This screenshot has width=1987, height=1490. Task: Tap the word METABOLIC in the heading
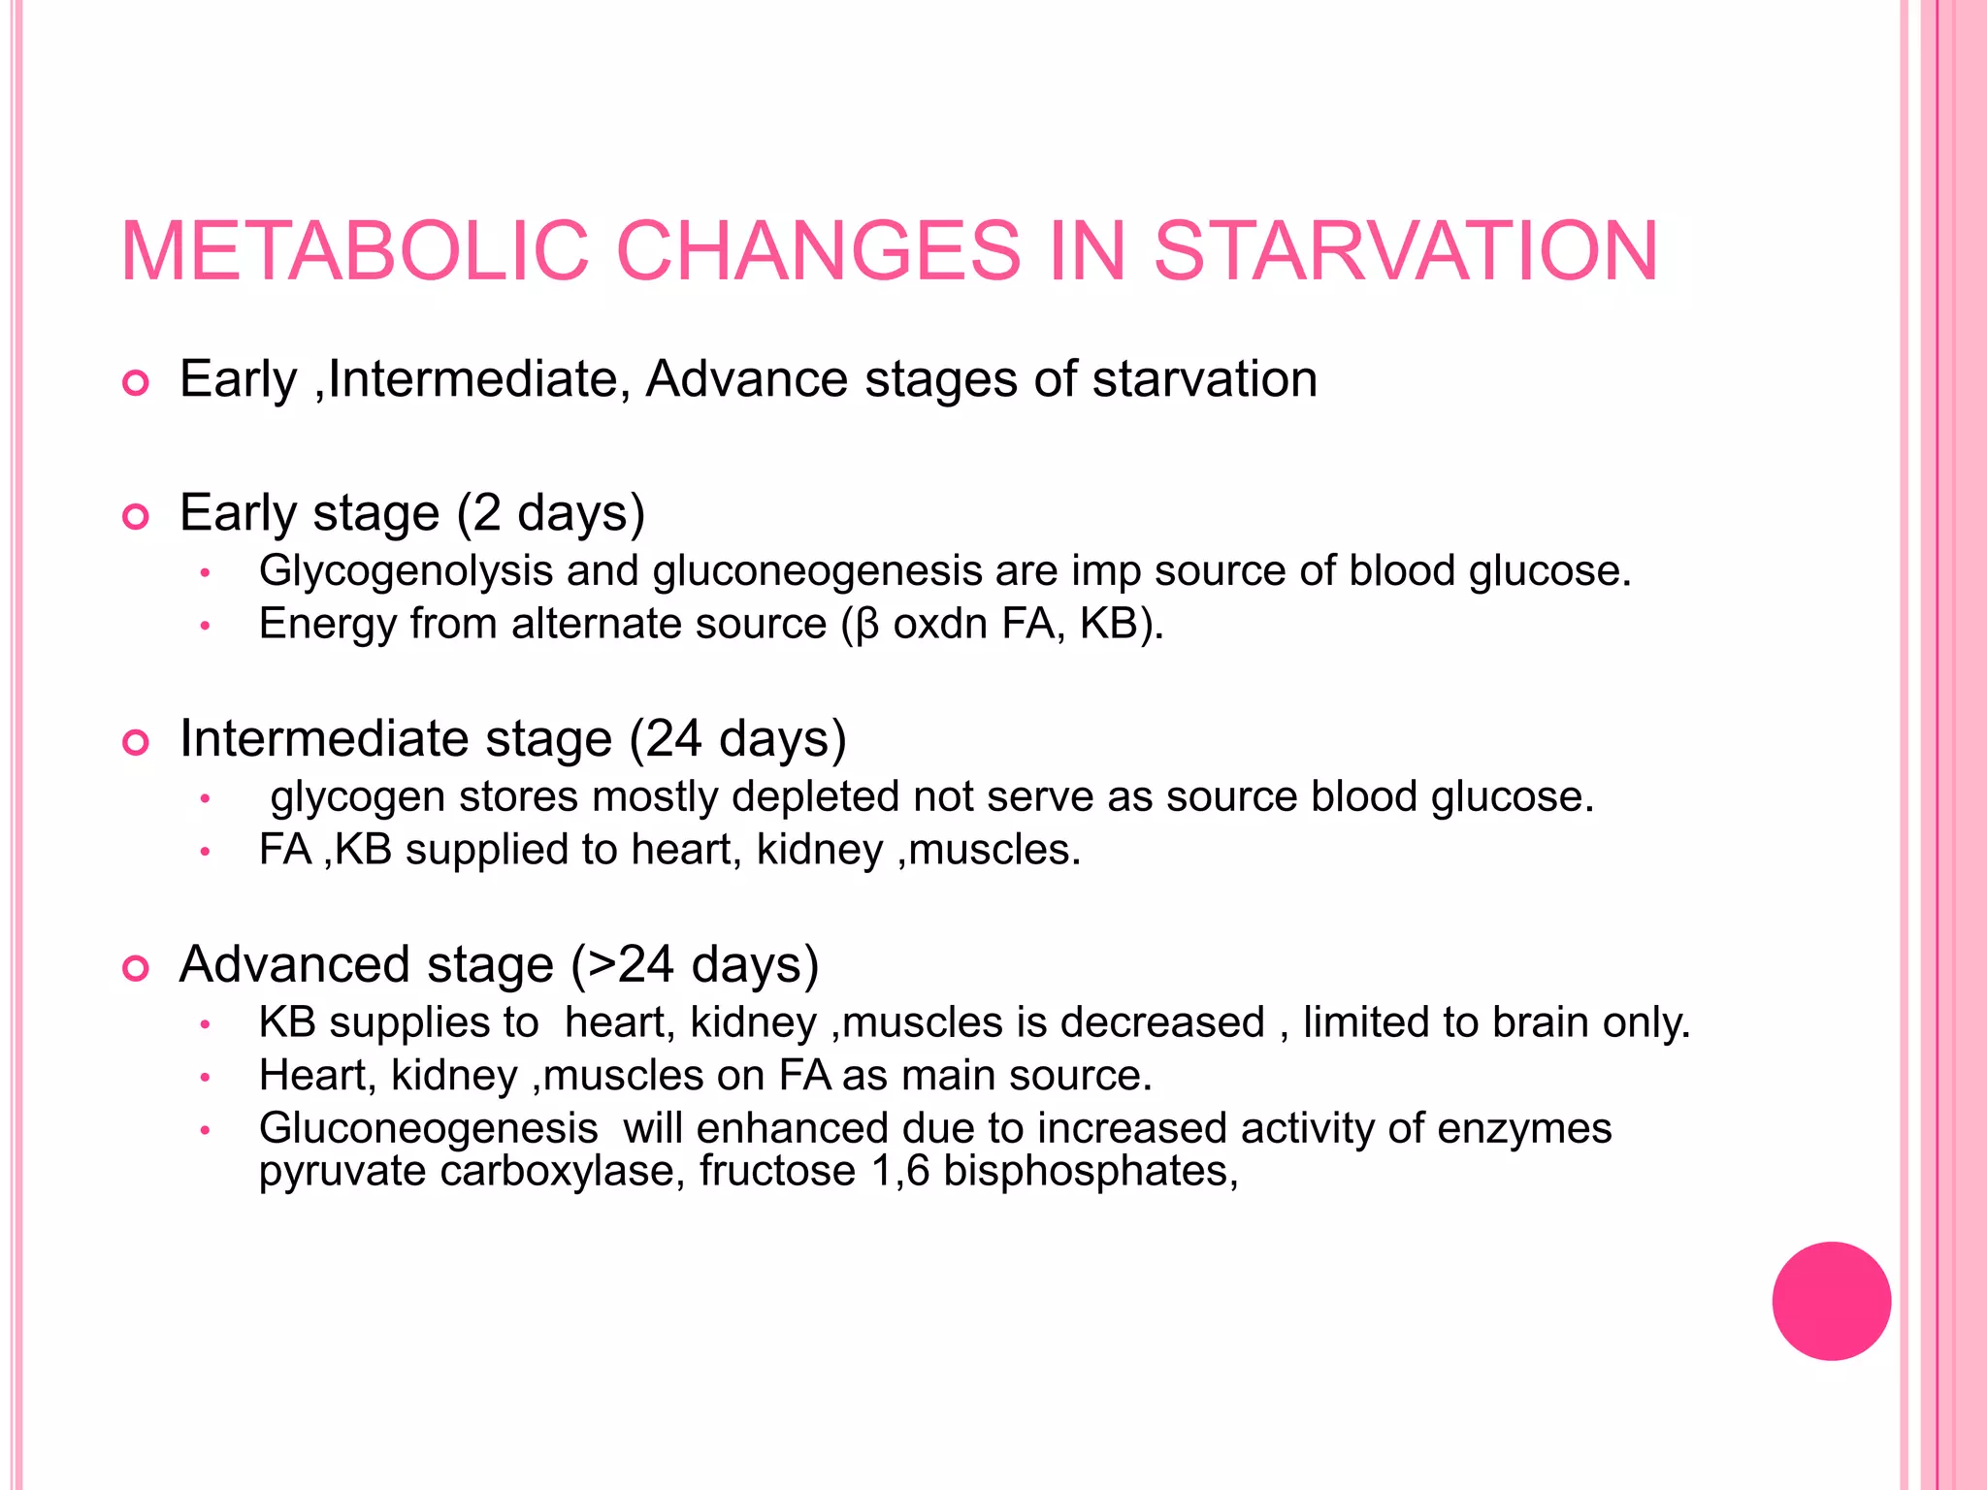coord(354,251)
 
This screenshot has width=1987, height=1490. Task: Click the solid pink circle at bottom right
coord(1831,1301)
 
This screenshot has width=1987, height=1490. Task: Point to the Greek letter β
coord(867,624)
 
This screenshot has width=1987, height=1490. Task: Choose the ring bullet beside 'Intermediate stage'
coord(136,743)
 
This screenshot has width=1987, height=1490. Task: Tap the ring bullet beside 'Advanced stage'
coord(136,968)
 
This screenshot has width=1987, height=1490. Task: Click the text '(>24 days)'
coord(695,964)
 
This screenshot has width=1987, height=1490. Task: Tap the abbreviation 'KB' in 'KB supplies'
coord(287,1022)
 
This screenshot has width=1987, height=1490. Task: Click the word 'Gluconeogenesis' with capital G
coord(428,1128)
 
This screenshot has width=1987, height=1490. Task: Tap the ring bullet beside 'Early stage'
coord(136,517)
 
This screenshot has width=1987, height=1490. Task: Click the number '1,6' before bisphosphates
coord(900,1171)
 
